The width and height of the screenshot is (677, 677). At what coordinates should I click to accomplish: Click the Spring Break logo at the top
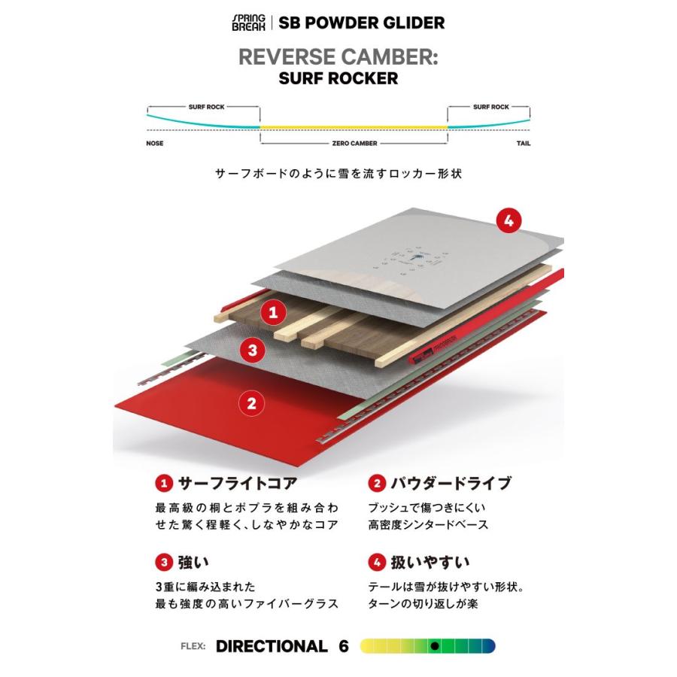[x=250, y=22]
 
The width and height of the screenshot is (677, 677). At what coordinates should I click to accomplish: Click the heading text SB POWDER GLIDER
[x=362, y=22]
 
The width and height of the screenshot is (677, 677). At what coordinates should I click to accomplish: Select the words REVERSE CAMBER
[x=338, y=59]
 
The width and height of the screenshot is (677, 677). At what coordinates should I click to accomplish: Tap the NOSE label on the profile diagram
[x=155, y=143]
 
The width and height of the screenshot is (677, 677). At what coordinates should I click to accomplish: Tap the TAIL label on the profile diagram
[x=522, y=143]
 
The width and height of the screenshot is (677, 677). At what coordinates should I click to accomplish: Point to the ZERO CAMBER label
[x=354, y=143]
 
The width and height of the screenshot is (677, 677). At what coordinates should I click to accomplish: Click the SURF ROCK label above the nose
[x=205, y=108]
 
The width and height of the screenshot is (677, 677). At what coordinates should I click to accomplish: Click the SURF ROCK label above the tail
[x=490, y=108]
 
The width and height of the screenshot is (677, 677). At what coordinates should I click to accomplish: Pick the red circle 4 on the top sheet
[x=509, y=220]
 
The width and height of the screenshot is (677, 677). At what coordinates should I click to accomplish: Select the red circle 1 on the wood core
[x=274, y=311]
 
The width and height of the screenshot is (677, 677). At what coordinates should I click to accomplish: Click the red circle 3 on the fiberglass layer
[x=253, y=349]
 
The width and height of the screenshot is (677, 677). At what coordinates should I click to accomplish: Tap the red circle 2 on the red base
[x=251, y=402]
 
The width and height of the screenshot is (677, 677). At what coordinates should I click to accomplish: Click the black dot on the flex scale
[x=434, y=646]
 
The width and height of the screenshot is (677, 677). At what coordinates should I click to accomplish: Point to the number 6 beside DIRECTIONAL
[x=344, y=646]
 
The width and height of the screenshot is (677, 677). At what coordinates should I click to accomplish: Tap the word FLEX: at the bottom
[x=193, y=646]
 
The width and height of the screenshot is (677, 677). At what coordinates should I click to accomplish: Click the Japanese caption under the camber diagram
[x=338, y=173]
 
